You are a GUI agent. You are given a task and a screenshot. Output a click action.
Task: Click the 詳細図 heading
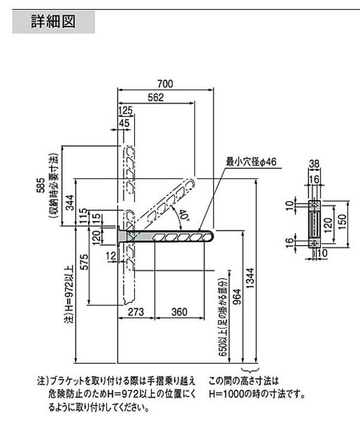pos(53,22)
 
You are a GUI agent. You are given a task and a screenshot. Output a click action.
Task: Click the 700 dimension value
pos(165,83)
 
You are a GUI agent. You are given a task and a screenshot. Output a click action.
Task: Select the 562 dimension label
pos(155,97)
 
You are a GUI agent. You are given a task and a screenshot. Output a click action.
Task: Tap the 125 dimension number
pos(125,110)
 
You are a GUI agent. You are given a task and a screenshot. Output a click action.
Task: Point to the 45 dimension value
pos(124,123)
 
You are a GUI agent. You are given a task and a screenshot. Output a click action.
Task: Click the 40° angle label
pos(184,215)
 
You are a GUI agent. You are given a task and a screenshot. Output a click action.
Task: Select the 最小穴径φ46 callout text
pos(251,162)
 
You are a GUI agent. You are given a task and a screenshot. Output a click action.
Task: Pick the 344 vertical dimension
pos(70,203)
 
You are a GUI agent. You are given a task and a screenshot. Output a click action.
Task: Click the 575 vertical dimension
pos(84,262)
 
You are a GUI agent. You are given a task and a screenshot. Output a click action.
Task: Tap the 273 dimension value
pos(136,312)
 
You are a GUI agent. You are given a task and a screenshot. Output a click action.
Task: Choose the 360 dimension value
pos(179,312)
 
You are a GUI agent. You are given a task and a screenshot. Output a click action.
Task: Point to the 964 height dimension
pos(237,297)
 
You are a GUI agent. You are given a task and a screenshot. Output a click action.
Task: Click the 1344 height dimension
pos(250,279)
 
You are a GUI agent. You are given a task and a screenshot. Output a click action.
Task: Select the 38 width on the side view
pos(314,163)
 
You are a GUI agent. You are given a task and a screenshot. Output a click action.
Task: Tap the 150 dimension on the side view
pos(343,222)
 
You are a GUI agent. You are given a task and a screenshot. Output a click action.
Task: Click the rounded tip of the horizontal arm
pos(213,237)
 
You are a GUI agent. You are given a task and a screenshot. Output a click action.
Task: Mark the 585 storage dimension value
pos(41,185)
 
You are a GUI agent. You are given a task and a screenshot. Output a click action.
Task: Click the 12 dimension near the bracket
pos(111,256)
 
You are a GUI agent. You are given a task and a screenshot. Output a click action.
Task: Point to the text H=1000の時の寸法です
pos(257,394)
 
